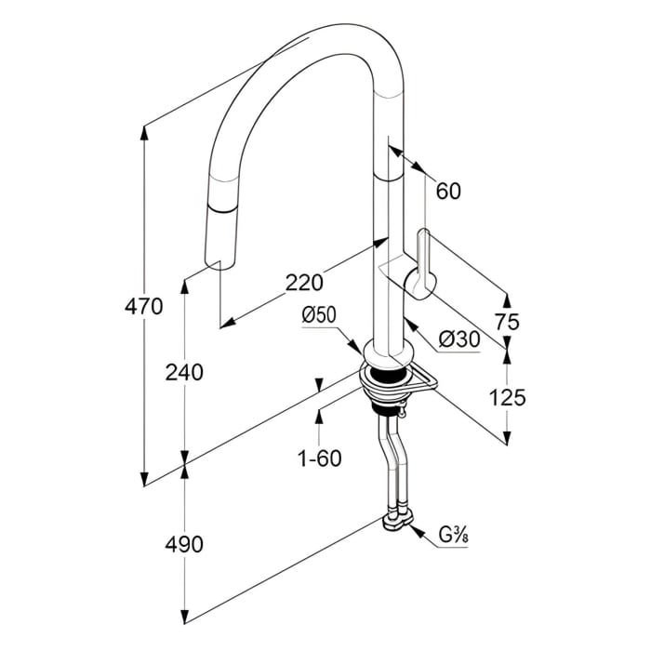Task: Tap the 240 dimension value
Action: tap(183, 372)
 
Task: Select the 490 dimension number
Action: tap(183, 544)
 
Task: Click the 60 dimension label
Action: tap(448, 191)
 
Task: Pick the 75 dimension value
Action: tap(508, 322)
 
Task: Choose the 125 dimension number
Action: tap(507, 397)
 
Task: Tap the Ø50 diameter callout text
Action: tap(318, 316)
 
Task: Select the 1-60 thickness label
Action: tap(320, 458)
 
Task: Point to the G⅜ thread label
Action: tap(453, 535)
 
